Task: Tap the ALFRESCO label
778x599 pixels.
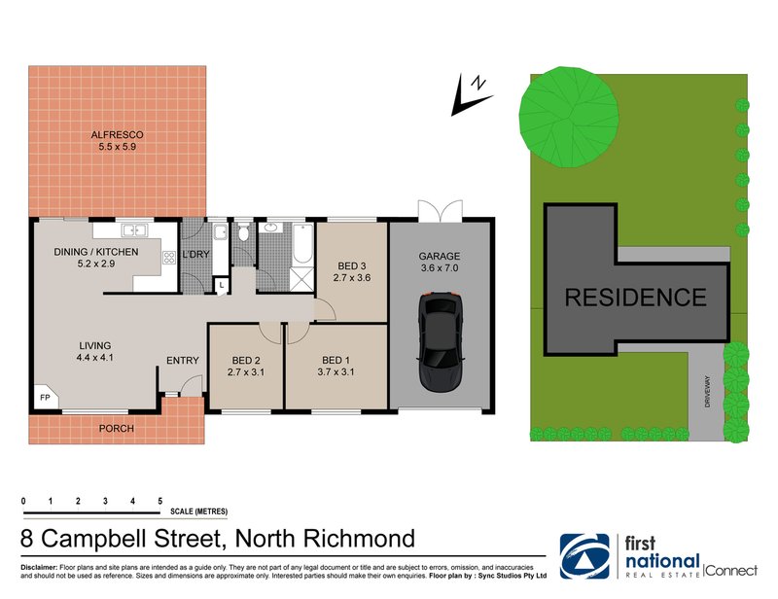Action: [x=118, y=135]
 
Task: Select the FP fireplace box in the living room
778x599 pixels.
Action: [x=45, y=398]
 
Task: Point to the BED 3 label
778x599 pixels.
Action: [x=351, y=265]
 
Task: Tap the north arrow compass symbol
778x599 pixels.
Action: [x=469, y=94]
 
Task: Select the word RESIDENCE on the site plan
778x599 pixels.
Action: [x=636, y=298]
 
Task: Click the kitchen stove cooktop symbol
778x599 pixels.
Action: [x=168, y=258]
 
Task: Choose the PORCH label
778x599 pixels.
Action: [x=118, y=428]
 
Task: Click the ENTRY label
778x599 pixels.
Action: [x=182, y=361]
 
